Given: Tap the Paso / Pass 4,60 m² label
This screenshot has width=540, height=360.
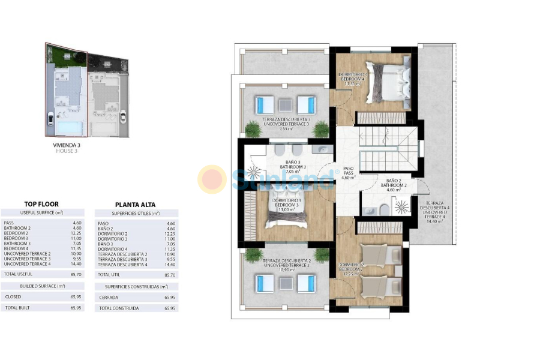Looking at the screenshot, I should click(349, 173).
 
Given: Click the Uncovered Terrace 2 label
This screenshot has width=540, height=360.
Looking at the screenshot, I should click(286, 264).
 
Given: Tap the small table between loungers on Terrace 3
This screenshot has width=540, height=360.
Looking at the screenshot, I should click(286, 105).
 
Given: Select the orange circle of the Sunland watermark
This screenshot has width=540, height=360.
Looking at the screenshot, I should click(212, 179).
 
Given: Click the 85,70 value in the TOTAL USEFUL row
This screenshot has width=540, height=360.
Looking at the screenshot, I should click(76, 274).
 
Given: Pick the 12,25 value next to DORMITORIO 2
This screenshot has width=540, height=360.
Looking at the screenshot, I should click(170, 233).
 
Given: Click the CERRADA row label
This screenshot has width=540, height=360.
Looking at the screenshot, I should click(109, 297).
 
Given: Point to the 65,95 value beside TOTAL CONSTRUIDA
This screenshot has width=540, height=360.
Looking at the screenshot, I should click(170, 308).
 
